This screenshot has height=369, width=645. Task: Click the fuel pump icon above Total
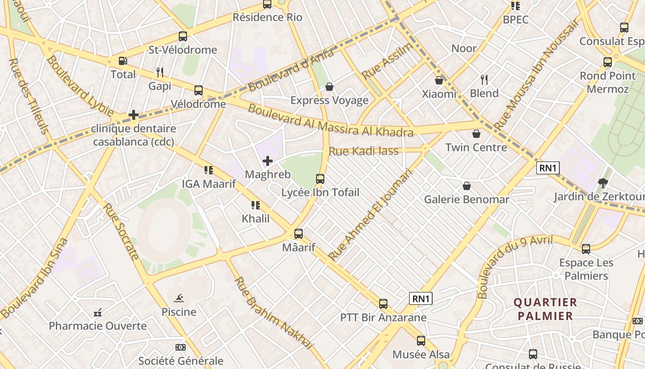pos(123,61)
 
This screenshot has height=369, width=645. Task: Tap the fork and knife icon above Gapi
pos(160,72)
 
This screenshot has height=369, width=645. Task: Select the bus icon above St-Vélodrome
pos(183,36)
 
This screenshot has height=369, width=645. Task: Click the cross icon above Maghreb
pos(267,161)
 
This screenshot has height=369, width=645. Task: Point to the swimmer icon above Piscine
pos(179,298)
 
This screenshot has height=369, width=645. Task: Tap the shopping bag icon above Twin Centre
pos(476,134)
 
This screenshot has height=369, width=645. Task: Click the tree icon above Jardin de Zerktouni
pos(603,183)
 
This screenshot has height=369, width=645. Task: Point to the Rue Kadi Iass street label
pos(364,151)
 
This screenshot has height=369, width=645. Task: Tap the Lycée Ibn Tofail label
pos(320,192)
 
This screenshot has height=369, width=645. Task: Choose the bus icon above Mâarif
pos(299,234)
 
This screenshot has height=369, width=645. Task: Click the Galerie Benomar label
pos(466,199)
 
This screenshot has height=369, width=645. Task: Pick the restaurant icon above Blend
pos(484,80)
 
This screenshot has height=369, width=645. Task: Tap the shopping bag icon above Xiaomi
pos(439,80)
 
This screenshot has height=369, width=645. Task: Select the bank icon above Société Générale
pos(181,347)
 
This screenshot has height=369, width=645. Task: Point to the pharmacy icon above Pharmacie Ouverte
pos(98,313)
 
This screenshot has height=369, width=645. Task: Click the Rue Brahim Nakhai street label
pos(273,313)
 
